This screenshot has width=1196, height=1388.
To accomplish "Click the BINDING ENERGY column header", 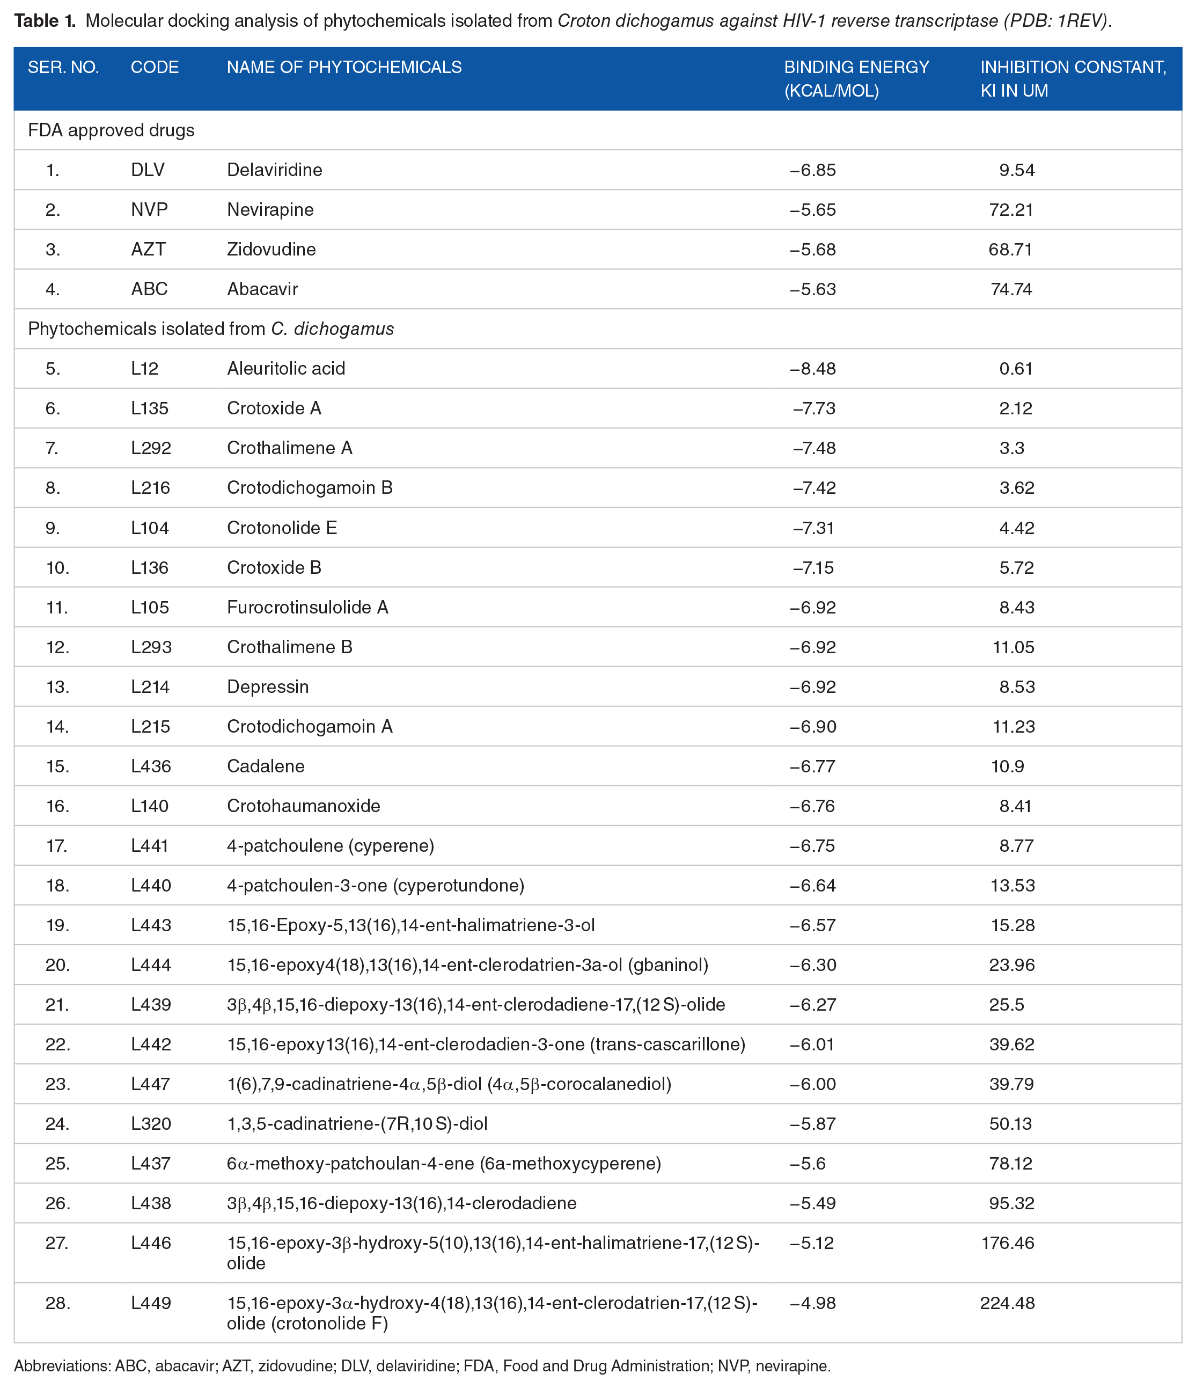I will [856, 78].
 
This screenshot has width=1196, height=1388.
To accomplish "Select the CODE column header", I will [155, 67].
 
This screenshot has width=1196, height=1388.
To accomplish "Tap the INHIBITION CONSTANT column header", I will [1073, 78].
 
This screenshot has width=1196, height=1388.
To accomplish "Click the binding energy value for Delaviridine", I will [812, 170].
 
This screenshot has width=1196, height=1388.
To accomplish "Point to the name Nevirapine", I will [270, 210].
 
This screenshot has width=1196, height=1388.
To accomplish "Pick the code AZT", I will [148, 249].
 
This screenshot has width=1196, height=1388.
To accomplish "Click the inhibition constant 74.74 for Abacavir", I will [1011, 289].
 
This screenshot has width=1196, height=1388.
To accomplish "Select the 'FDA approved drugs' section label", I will [111, 130].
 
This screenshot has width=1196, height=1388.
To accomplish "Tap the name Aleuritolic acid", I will [286, 368].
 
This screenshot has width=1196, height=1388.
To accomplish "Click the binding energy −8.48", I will [812, 368].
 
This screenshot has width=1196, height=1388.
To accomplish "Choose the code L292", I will [151, 448].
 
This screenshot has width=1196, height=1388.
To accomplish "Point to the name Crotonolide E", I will [282, 528].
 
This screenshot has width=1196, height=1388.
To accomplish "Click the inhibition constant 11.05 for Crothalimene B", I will [1013, 647].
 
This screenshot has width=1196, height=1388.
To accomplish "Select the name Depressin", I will [268, 686].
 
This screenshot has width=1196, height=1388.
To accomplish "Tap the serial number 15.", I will [57, 766].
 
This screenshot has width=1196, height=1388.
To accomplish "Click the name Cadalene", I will [265, 766].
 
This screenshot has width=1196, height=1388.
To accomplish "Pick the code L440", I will [151, 886].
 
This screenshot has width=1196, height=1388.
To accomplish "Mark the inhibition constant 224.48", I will [1007, 1303].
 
